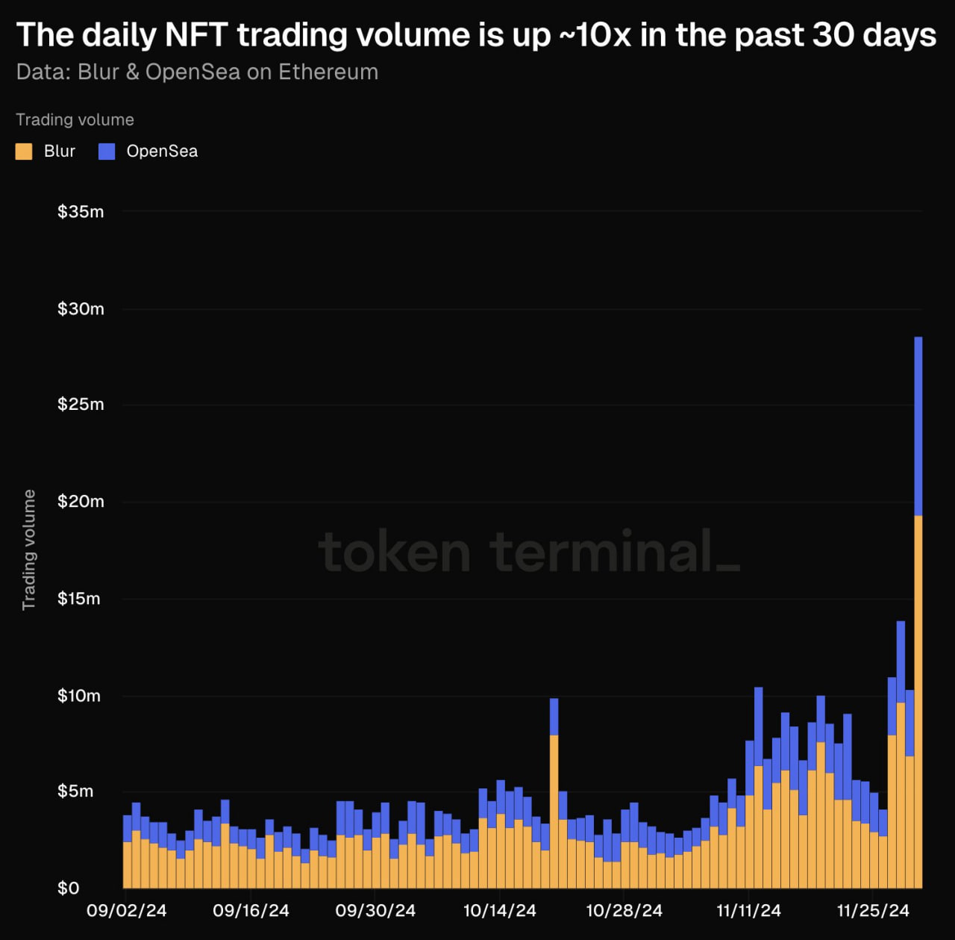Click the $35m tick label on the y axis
click(81, 212)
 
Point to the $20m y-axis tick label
click(81, 501)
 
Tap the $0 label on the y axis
click(68, 888)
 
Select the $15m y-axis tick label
click(79, 599)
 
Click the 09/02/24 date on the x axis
click(126, 911)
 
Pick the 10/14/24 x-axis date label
click(500, 911)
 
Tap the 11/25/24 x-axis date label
click(873, 911)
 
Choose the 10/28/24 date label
click(624, 911)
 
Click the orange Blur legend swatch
click(24, 152)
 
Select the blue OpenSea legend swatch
click(107, 152)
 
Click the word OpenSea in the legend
click(162, 152)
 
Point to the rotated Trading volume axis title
click(29, 550)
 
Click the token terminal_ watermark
click(529, 553)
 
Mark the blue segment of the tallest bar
click(918, 426)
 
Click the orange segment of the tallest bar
click(918, 702)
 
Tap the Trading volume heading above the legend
click(75, 120)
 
